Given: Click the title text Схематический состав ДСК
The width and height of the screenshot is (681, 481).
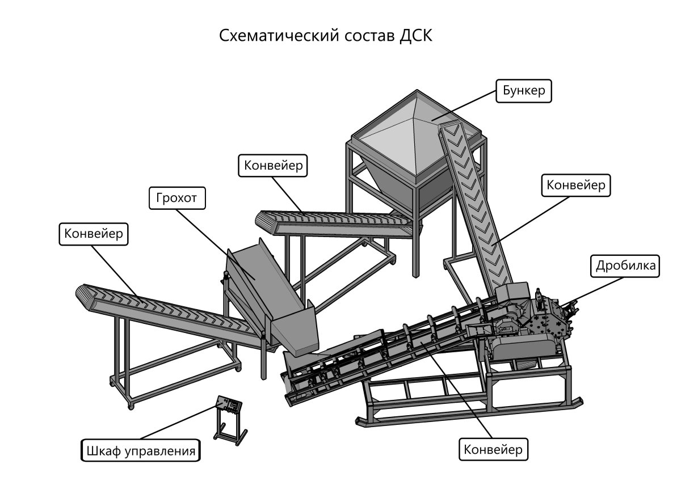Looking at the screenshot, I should pyautogui.click(x=326, y=36).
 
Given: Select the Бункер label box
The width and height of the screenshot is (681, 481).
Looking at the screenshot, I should pyautogui.click(x=524, y=91).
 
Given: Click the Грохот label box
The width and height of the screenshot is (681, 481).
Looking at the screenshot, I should pyautogui.click(x=176, y=199).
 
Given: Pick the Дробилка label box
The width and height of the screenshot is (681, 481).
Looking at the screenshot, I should pyautogui.click(x=626, y=265).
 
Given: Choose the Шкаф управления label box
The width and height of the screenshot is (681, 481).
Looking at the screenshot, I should pyautogui.click(x=141, y=452).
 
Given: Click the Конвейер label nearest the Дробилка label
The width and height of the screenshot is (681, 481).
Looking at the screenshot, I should pyautogui.click(x=576, y=185).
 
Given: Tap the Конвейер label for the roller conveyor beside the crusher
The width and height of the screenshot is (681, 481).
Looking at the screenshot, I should pyautogui.click(x=493, y=449).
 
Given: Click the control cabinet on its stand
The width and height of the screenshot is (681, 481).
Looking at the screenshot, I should pyautogui.click(x=229, y=406).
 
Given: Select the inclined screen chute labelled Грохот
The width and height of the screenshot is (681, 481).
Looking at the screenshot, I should pyautogui.click(x=267, y=284).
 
